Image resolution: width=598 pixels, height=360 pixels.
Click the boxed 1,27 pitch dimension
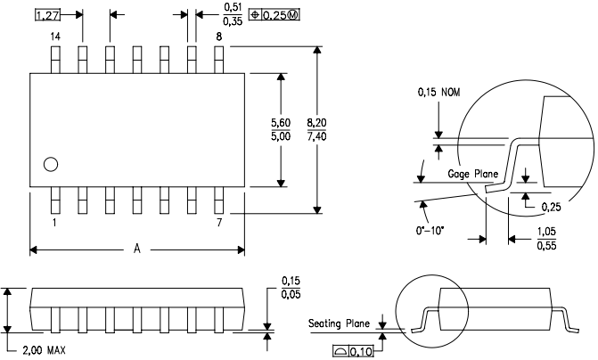click(x=47, y=15)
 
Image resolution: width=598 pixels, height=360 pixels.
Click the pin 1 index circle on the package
click(x=51, y=165)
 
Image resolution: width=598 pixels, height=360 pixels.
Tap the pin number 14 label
click(x=55, y=37)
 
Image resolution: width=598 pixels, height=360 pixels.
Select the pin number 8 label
click(x=219, y=37)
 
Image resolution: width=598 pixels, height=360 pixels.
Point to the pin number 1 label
click(x=54, y=223)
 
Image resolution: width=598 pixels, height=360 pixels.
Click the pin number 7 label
click(x=219, y=223)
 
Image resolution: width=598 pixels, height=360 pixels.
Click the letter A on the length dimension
click(x=137, y=249)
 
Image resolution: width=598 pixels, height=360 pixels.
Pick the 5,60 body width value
click(x=281, y=123)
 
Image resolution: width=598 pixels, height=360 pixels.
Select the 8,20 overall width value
click(x=316, y=123)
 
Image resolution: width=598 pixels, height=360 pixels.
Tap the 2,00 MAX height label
click(x=45, y=350)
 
